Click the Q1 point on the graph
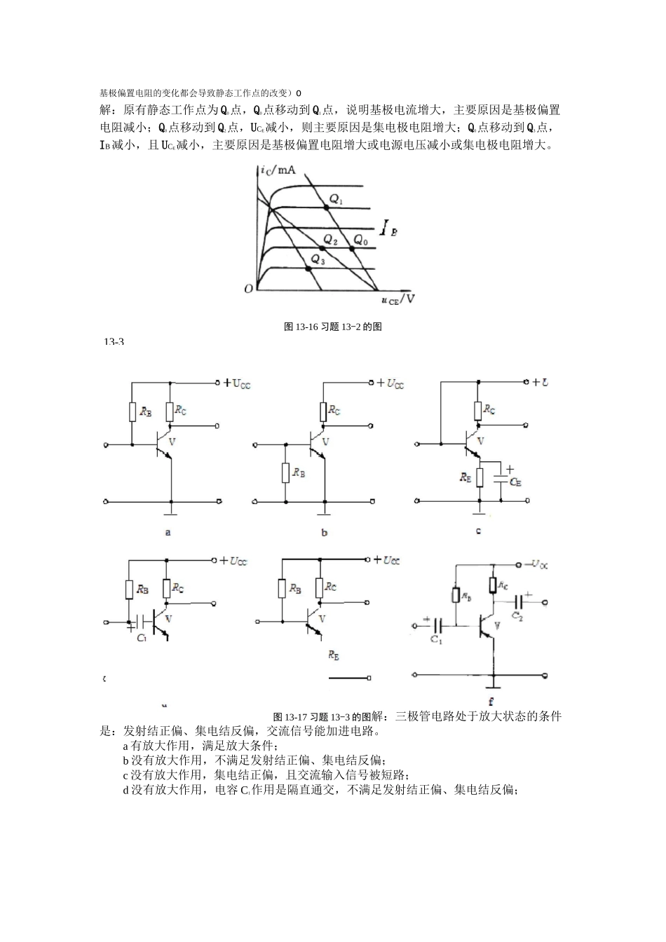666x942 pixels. [x=326, y=207]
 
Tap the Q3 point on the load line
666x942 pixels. [x=309, y=268]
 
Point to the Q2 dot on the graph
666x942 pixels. [x=322, y=248]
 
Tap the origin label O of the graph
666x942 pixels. [x=247, y=289]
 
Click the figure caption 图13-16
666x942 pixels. [x=332, y=327]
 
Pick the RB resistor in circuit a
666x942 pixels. [x=132, y=411]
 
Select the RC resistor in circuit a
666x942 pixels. [x=170, y=411]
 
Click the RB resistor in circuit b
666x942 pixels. [x=285, y=473]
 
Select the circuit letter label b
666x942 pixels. [x=324, y=533]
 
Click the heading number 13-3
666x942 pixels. [x=114, y=342]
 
